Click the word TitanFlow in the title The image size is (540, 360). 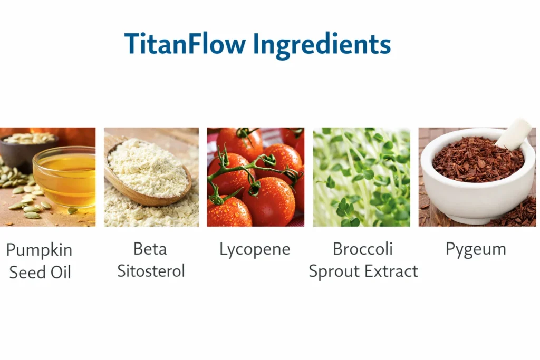coord(185,44)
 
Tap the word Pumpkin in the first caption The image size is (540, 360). coord(39,250)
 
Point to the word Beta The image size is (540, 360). coord(150,248)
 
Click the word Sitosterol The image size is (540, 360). coord(151,271)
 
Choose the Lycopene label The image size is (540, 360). coord(255,249)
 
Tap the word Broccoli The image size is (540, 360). coord(363,249)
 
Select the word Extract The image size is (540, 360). coord(392,271)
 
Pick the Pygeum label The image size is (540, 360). coord(476,249)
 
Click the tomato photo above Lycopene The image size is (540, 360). coord(255,177)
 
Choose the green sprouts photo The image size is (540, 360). coord(361,177)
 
